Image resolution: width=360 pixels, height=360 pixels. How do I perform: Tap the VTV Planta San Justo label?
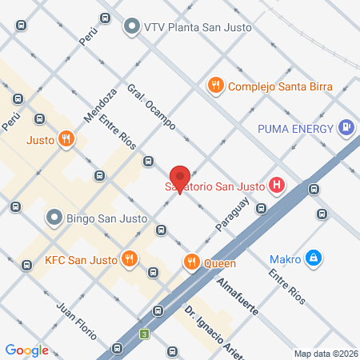click(x=198, y=26)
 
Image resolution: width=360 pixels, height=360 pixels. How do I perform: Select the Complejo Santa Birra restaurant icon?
click(x=214, y=86)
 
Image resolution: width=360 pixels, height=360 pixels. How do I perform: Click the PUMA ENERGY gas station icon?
click(x=346, y=126)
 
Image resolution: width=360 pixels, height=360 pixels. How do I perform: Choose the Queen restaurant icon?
click(x=190, y=261)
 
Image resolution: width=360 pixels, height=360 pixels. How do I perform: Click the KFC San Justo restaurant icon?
click(x=128, y=258)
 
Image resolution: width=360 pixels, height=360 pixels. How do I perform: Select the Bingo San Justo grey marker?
click(x=54, y=217)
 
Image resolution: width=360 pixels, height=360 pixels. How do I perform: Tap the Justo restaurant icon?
click(x=67, y=139)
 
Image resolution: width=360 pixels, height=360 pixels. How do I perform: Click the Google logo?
click(x=27, y=350)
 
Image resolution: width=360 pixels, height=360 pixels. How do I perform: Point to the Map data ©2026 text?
click(x=326, y=354)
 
